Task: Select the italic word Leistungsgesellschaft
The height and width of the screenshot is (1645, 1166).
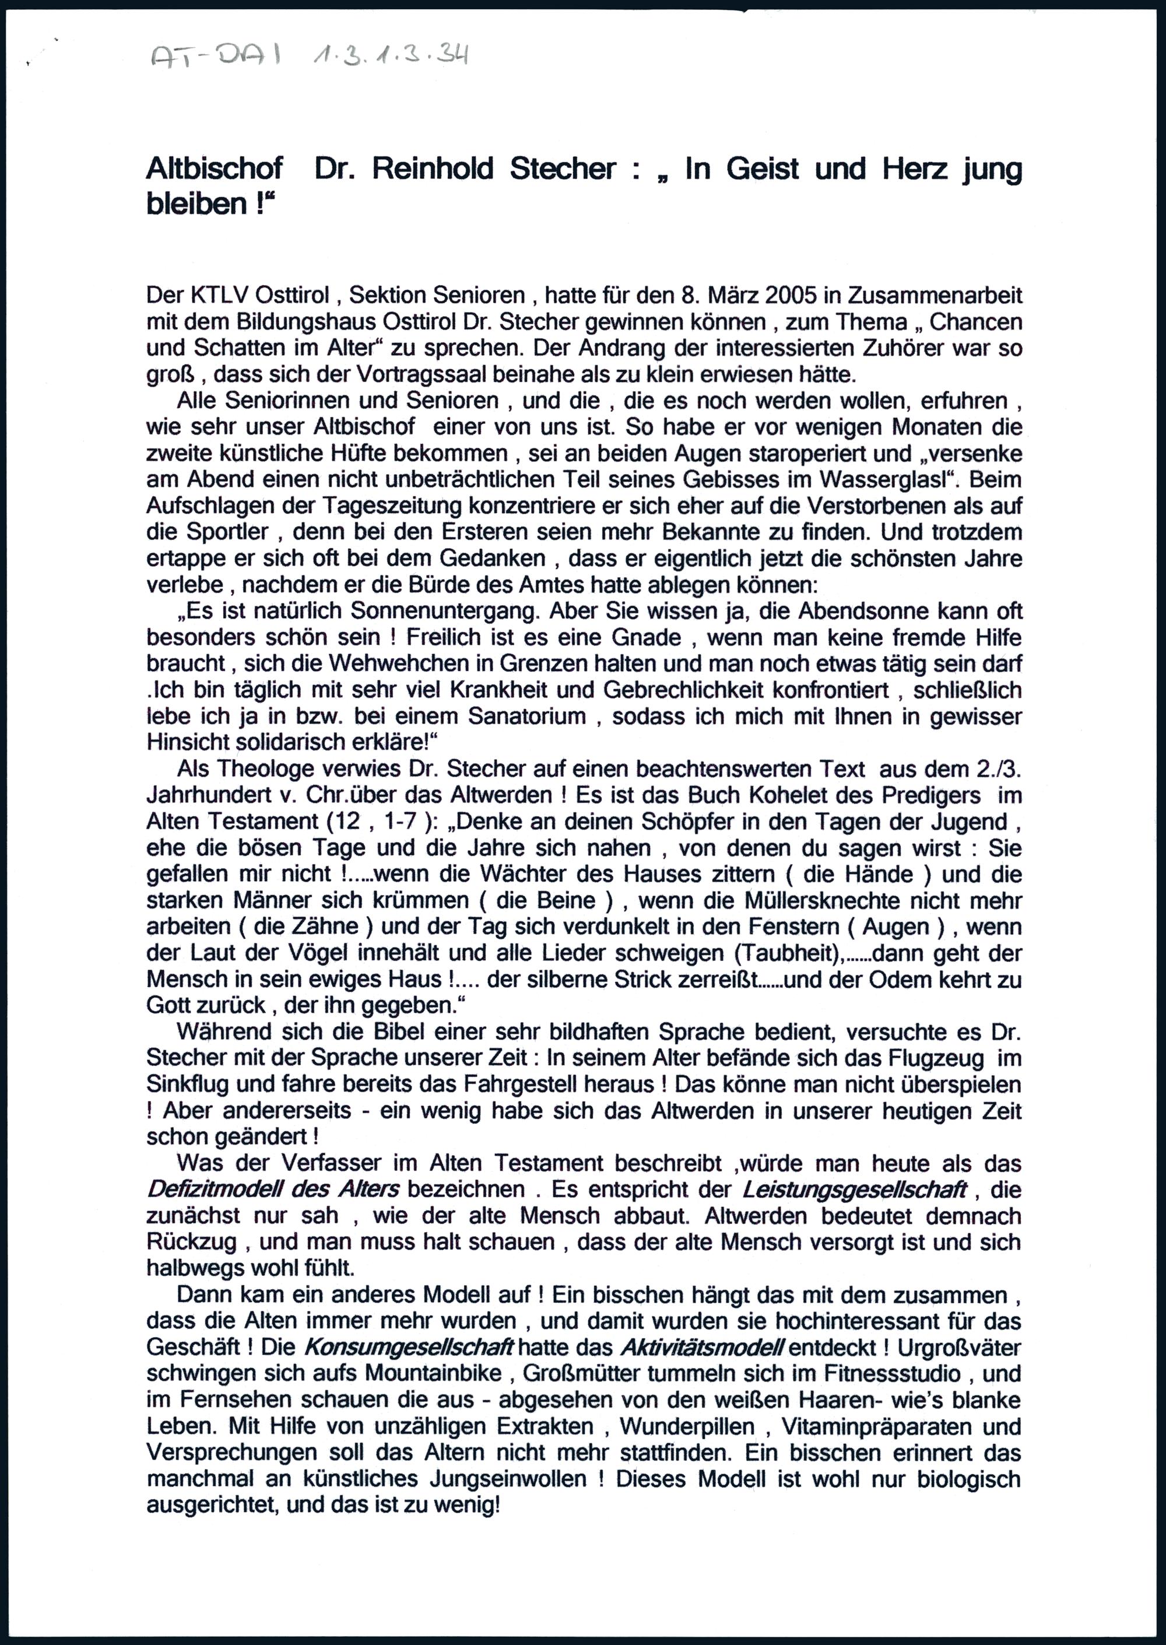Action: coord(853,1190)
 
